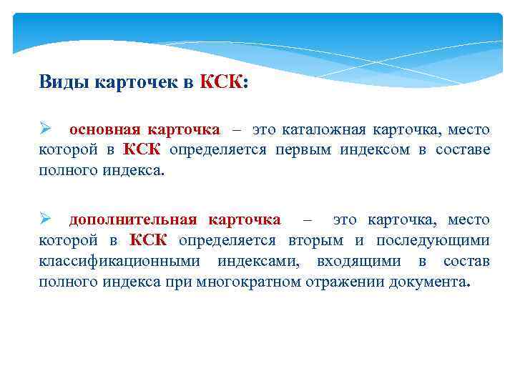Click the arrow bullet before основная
pyautogui.click(x=46, y=129)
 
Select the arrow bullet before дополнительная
pyautogui.click(x=46, y=219)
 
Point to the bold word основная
pyautogui.click(x=98, y=129)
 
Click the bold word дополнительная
pyautogui.click(x=132, y=219)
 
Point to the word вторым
pyautogui.click(x=317, y=239)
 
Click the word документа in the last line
pyautogui.click(x=428, y=281)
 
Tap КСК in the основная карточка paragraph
pyautogui.click(x=143, y=149)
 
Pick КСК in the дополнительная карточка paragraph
pyautogui.click(x=149, y=239)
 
